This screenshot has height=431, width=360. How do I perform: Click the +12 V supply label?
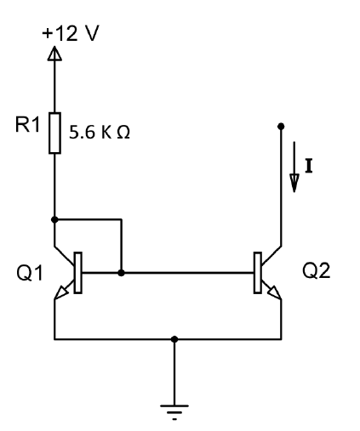pyautogui.click(x=71, y=33)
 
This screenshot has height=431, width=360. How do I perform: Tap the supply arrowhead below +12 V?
pyautogui.click(x=54, y=54)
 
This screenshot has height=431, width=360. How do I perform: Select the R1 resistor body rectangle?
pyautogui.click(x=54, y=133)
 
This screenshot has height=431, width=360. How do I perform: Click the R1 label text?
pyautogui.click(x=27, y=124)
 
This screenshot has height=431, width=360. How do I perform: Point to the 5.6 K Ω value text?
pyautogui.click(x=100, y=132)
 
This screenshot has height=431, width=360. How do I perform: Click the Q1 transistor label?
pyautogui.click(x=30, y=273)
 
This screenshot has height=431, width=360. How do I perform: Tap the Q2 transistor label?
pyautogui.click(x=317, y=270)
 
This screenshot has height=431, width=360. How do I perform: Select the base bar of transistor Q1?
pyautogui.click(x=78, y=273)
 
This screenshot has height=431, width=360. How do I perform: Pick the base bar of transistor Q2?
pyautogui.click(x=258, y=273)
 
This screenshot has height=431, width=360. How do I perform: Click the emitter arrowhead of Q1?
pyautogui.click(x=61, y=292)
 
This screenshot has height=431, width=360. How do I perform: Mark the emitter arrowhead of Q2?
pyautogui.click(x=274, y=292)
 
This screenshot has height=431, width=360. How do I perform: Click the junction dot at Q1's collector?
pyautogui.click(x=54, y=219)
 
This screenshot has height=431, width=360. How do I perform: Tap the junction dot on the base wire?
pyautogui.click(x=121, y=273)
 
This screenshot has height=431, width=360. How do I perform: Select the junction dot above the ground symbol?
pyautogui.click(x=174, y=339)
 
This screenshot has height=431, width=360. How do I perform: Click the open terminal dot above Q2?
pyautogui.click(x=281, y=126)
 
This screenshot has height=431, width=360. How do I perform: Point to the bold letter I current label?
pyautogui.click(x=309, y=167)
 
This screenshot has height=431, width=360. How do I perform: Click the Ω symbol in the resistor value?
pyautogui.click(x=123, y=133)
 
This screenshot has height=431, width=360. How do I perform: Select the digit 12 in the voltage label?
pyautogui.click(x=66, y=33)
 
